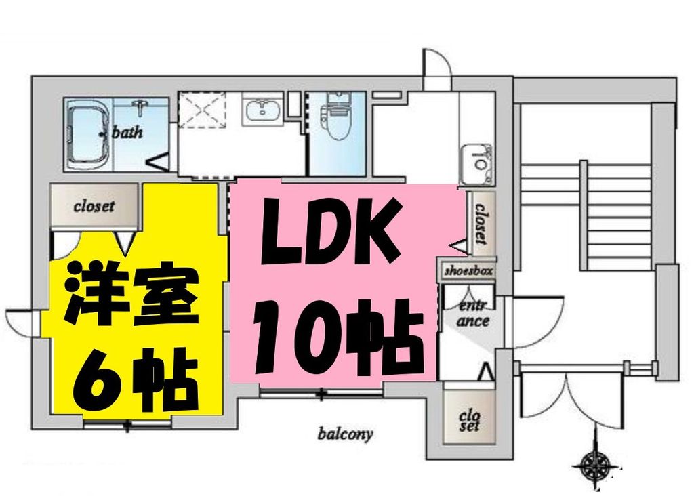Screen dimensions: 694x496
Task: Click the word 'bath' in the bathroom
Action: point(127,132)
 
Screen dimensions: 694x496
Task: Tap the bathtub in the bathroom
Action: point(88,133)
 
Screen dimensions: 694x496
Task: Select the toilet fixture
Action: point(335,119)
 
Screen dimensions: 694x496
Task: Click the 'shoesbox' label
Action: point(468,270)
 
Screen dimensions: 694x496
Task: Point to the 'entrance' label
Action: point(472,312)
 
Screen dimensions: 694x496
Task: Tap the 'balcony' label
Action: point(345,434)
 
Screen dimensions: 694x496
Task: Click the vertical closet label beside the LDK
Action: point(481,224)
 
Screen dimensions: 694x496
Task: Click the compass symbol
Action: point(597,466)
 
